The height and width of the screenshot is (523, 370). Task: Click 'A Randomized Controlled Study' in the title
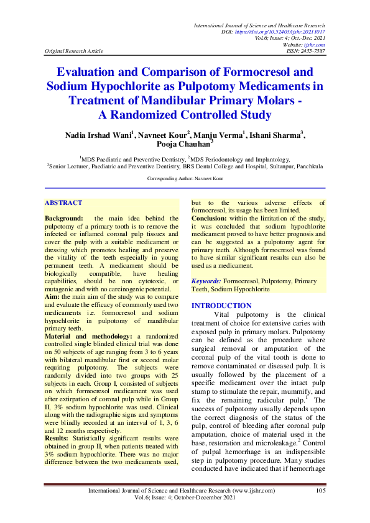[185, 114]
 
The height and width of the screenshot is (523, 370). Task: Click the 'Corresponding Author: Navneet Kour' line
[185, 179]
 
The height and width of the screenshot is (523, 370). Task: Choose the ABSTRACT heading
[63, 202]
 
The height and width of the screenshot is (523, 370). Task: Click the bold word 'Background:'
[63, 219]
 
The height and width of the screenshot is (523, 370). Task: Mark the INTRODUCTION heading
[221, 306]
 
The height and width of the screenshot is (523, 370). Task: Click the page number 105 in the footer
[321, 491]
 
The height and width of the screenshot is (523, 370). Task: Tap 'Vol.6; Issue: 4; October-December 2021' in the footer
[185, 499]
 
